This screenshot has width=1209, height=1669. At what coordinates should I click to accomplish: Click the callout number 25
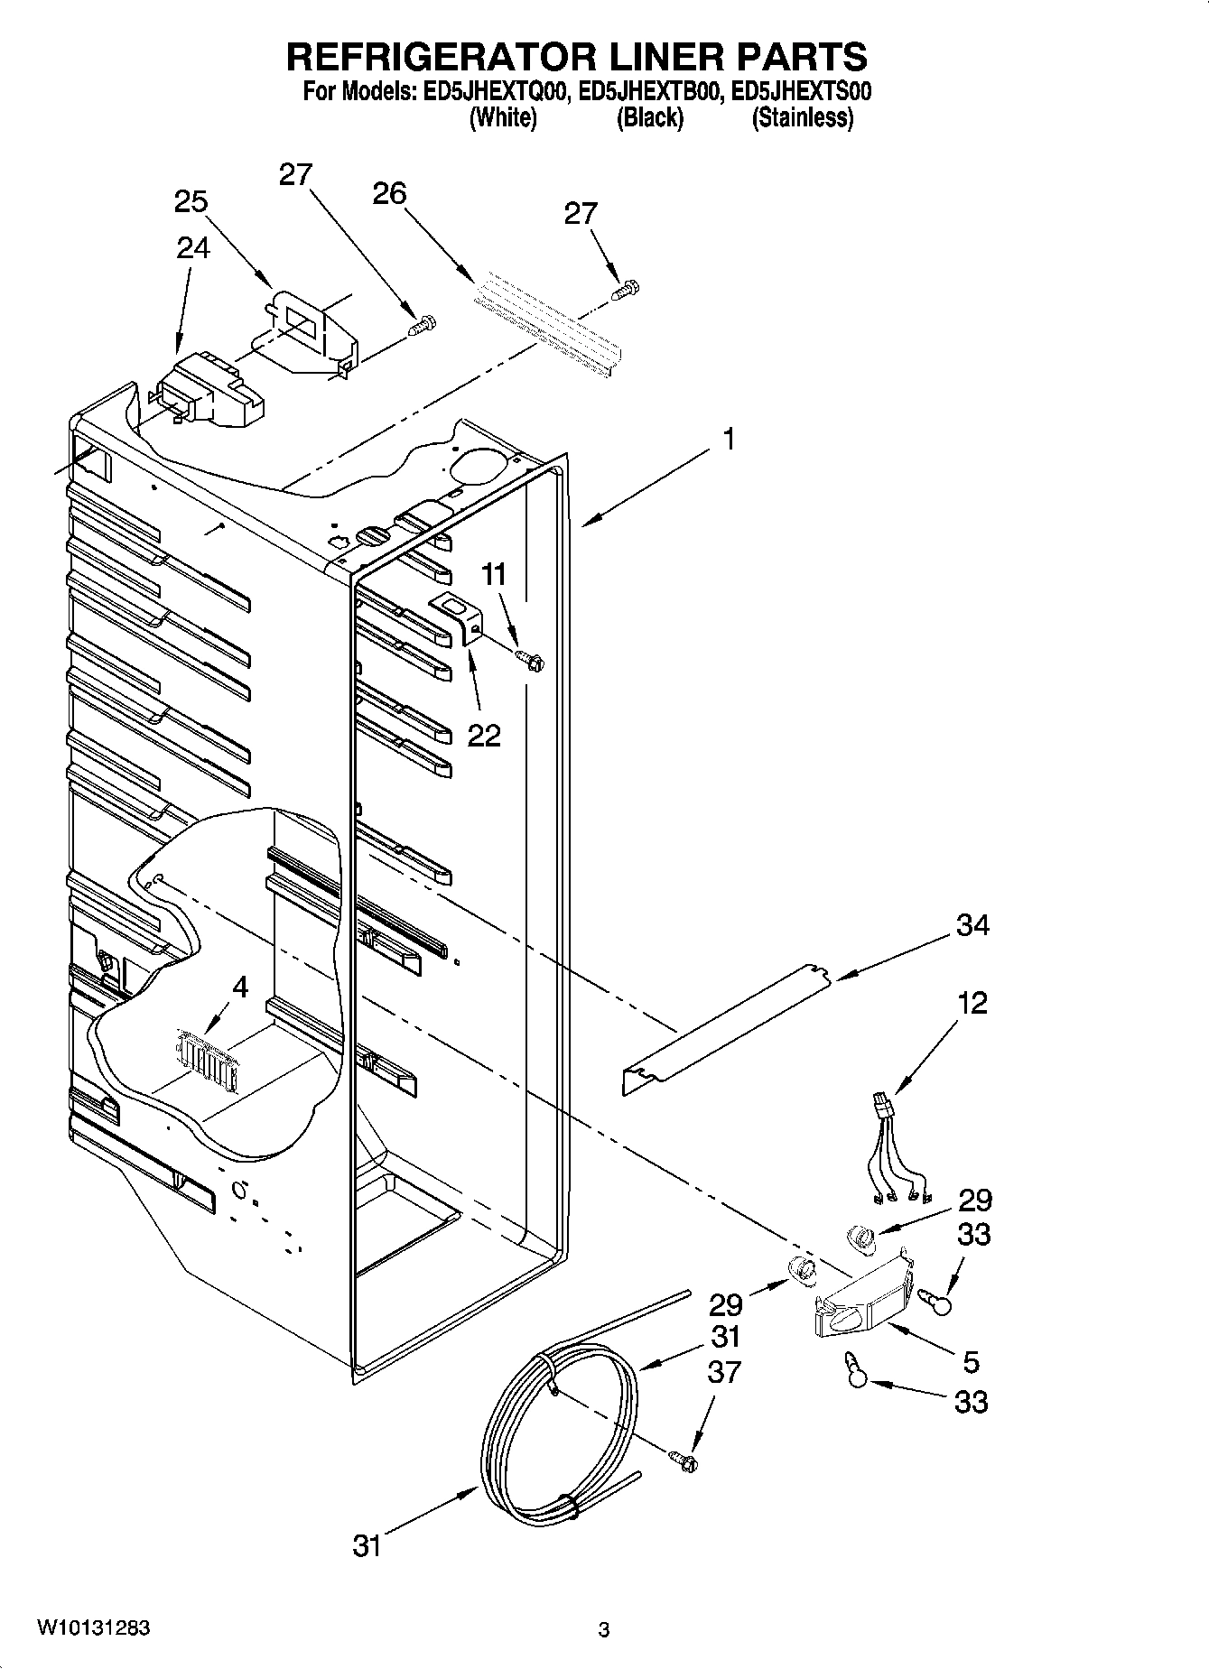pos(191,201)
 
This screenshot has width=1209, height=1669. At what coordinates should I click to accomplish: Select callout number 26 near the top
pos(389,193)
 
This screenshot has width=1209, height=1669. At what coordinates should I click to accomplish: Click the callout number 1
pos(728,440)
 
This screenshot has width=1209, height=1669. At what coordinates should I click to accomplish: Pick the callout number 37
pos(724,1372)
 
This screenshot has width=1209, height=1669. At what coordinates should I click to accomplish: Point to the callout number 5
pos(971,1361)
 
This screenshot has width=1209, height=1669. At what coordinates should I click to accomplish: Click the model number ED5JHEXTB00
pos(649,91)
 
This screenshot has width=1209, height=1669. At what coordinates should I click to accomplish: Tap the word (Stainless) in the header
pos(803,118)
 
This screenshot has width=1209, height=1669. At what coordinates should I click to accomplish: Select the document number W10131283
pos(93,1629)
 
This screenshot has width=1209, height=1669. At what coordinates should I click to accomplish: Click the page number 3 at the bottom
pos(603,1630)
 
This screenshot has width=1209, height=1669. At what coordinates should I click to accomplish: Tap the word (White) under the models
pos(503,118)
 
